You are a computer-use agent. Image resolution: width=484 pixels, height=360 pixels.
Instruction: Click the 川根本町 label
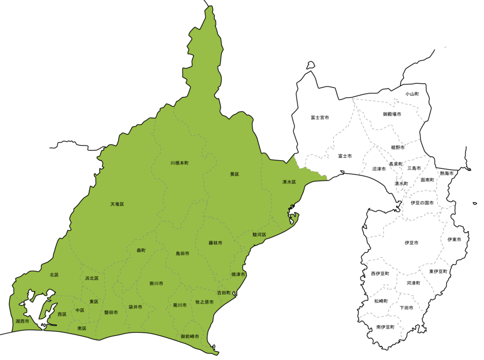180,163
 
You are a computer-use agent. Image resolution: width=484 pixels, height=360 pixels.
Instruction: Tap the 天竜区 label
117,204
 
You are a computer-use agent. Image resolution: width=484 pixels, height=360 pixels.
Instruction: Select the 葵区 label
234,174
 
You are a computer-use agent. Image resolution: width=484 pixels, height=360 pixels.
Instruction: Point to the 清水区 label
289,182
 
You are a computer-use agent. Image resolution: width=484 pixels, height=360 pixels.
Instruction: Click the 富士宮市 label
320,117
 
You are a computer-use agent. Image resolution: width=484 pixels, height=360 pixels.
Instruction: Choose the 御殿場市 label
392,114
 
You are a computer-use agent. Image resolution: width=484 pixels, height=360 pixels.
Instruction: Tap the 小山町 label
412,94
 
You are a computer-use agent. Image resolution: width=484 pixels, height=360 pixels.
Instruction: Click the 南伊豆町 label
386,327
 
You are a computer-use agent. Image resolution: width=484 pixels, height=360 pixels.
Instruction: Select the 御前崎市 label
190,336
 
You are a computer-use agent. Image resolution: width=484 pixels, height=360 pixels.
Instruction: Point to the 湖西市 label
22,321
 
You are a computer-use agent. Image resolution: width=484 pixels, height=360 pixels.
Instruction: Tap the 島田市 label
182,254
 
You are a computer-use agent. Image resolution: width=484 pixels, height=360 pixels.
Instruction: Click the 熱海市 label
447,173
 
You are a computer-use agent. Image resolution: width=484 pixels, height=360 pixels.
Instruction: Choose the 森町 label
141,250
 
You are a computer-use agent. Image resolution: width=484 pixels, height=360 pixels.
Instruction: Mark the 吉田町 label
224,292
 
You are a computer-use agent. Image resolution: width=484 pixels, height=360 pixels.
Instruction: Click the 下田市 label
406,308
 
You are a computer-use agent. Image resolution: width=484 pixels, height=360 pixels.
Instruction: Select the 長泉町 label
396,164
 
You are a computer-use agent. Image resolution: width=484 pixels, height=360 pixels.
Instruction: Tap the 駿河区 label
259,234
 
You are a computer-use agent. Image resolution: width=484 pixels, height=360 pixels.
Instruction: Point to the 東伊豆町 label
438,272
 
